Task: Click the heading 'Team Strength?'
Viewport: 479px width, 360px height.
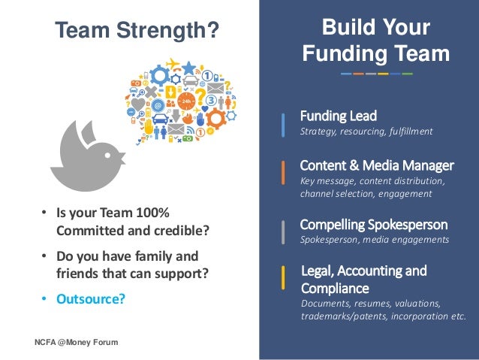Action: pos(137,30)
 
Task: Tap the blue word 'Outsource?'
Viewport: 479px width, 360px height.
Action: pos(91,299)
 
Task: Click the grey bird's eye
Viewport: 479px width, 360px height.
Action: pos(107,156)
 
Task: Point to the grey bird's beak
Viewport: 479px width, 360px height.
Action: pos(122,158)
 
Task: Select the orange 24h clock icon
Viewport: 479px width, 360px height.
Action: pos(186,101)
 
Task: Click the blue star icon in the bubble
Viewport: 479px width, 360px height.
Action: pos(188,68)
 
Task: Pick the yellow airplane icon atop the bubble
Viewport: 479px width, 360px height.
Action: pos(173,64)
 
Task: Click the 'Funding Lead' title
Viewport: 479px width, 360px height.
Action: pos(339,116)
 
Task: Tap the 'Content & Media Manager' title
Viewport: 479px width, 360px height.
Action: pos(377,165)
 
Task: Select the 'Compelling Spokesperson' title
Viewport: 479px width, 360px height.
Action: pos(374,225)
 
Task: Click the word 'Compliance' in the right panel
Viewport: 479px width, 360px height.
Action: pos(335,289)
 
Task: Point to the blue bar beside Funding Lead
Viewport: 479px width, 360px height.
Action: pos(283,125)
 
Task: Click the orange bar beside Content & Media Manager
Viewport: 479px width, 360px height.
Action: pos(283,173)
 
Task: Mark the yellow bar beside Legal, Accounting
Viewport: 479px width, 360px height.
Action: pos(283,278)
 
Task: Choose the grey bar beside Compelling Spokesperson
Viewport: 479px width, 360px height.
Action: pos(283,232)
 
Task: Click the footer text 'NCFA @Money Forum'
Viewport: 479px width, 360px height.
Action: pos(77,342)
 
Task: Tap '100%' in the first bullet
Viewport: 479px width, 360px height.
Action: pos(152,213)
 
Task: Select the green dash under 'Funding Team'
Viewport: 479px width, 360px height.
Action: pos(407,74)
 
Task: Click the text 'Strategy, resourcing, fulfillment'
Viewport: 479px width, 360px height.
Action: pos(366,132)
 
